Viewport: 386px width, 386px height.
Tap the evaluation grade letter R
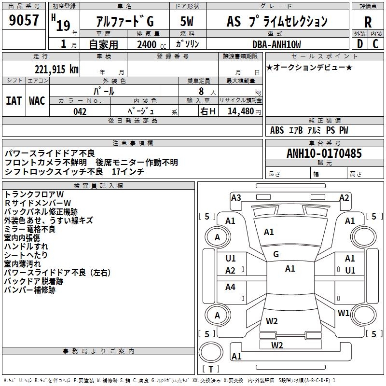(368, 22)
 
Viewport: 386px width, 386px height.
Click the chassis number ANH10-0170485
(324, 154)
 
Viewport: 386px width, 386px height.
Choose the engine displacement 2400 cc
(150, 45)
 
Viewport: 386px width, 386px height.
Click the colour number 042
(80, 111)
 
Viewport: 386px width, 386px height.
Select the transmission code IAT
(14, 101)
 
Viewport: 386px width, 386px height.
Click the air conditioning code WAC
(37, 101)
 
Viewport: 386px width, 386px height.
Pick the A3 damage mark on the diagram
(236, 197)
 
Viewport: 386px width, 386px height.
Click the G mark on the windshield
(276, 254)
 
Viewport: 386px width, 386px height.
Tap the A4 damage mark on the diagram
(231, 287)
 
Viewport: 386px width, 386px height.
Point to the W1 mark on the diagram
(344, 313)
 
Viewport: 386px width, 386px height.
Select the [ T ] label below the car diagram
(211, 369)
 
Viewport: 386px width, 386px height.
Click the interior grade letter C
(375, 44)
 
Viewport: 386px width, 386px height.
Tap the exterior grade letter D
(359, 44)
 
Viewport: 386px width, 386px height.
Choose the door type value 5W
(187, 22)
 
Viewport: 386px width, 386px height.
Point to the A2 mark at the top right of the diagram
(344, 197)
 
